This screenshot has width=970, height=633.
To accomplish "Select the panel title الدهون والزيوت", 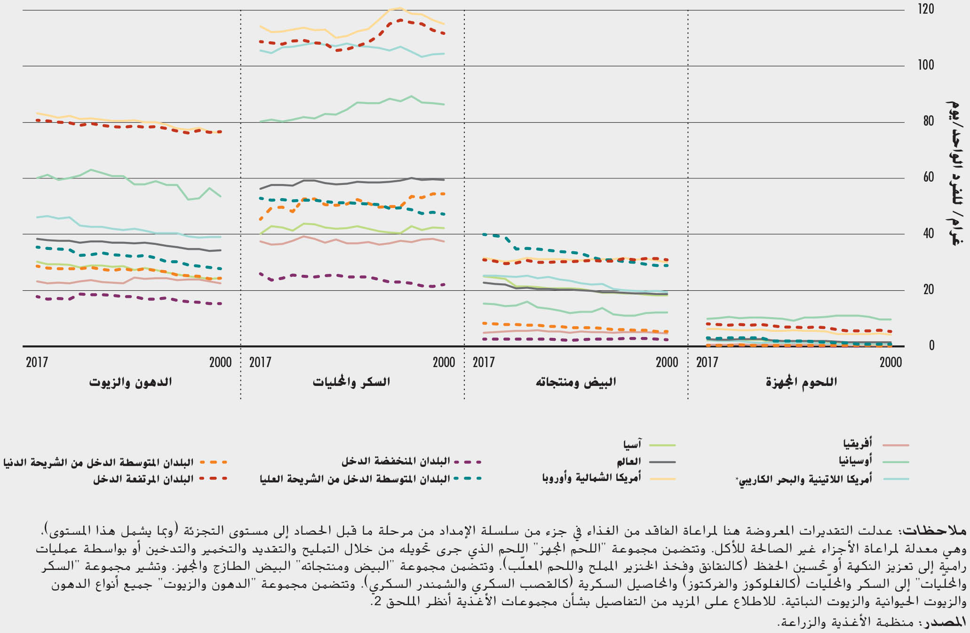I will click(130, 382).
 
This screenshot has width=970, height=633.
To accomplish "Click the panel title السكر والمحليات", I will click(351, 382).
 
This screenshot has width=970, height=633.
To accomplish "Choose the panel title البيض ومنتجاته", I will click(575, 382).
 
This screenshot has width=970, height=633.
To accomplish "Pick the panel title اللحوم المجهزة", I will click(801, 382).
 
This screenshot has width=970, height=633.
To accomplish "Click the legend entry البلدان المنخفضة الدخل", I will click(396, 461).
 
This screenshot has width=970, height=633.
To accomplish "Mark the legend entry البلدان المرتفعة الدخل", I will click(143, 479).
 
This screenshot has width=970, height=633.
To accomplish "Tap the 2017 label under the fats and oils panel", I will click(37, 362).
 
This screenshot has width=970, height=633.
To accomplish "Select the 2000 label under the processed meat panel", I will click(890, 362).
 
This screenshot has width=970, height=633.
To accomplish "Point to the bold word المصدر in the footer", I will click(946, 622).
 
